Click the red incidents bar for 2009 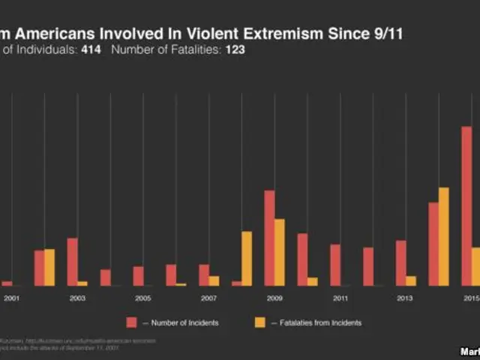tap(269, 238)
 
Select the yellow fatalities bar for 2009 tap(280, 252)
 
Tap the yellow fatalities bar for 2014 tap(443, 236)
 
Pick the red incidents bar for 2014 tap(433, 244)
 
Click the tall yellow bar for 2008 tap(247, 258)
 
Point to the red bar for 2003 tap(72, 262)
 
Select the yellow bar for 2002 tap(49, 267)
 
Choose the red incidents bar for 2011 tap(335, 265)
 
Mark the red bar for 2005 tap(138, 276)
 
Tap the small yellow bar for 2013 tap(411, 280)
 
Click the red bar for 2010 tap(302, 259)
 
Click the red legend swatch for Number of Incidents tap(131, 322)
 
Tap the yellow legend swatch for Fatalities tap(260, 322)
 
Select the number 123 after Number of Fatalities tap(235, 50)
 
